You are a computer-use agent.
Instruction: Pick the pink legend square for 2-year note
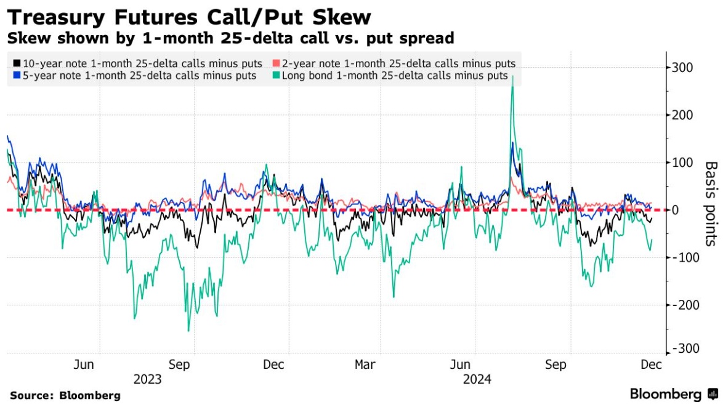point(277,63)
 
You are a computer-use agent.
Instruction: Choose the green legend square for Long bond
point(277,76)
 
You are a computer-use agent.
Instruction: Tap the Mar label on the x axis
point(365,365)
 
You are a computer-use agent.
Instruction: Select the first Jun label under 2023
point(84,365)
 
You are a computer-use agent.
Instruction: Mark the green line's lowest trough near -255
point(188,331)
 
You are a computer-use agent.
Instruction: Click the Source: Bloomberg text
point(65,395)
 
